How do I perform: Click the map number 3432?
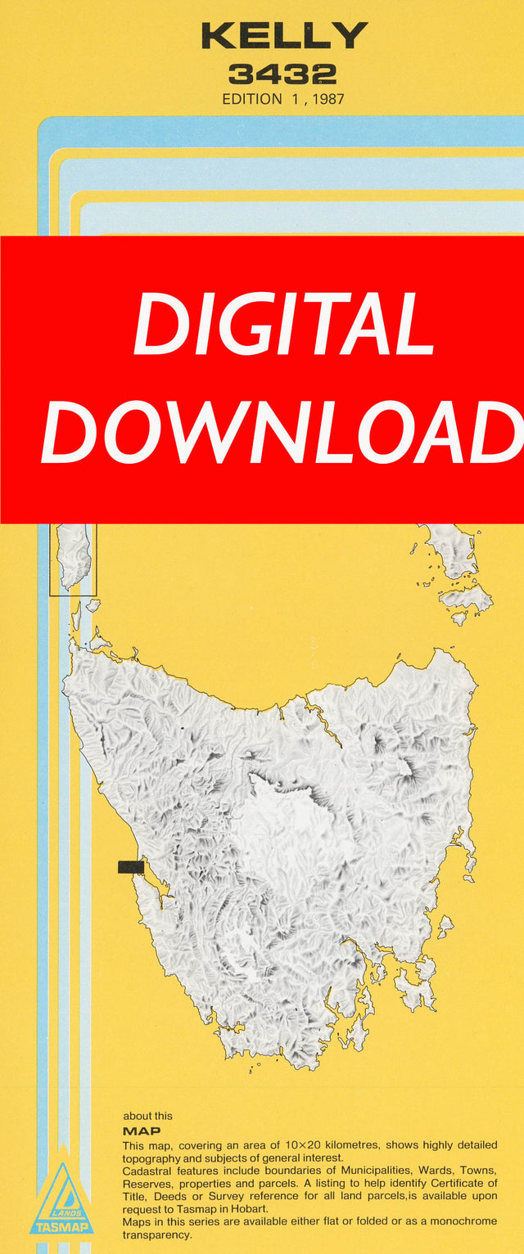click(282, 75)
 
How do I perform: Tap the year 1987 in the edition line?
click(327, 100)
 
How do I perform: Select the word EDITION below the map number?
click(251, 100)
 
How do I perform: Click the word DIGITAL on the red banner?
click(283, 326)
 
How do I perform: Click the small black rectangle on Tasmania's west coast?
click(131, 867)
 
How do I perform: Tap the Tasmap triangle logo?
click(61, 1202)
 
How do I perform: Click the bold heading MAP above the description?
click(142, 1131)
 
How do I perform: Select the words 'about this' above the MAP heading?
click(147, 1116)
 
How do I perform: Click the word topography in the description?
click(151, 1158)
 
